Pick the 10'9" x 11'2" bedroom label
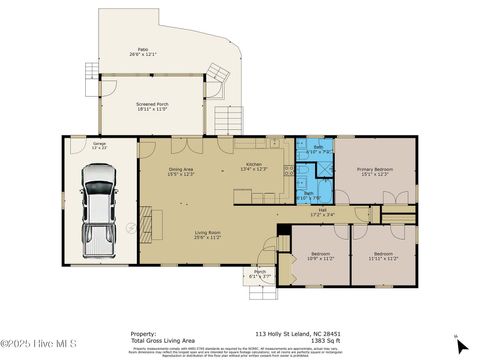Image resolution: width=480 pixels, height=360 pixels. (320, 256)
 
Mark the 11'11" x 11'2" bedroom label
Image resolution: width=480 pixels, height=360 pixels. (384, 256)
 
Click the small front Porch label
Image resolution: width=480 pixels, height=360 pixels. (259, 274)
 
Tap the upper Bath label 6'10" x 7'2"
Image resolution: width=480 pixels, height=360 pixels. (317, 150)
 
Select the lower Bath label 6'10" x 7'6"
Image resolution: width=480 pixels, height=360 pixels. (309, 195)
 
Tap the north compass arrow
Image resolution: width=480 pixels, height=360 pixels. (461, 345)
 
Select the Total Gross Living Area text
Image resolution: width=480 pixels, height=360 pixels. (159, 341)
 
